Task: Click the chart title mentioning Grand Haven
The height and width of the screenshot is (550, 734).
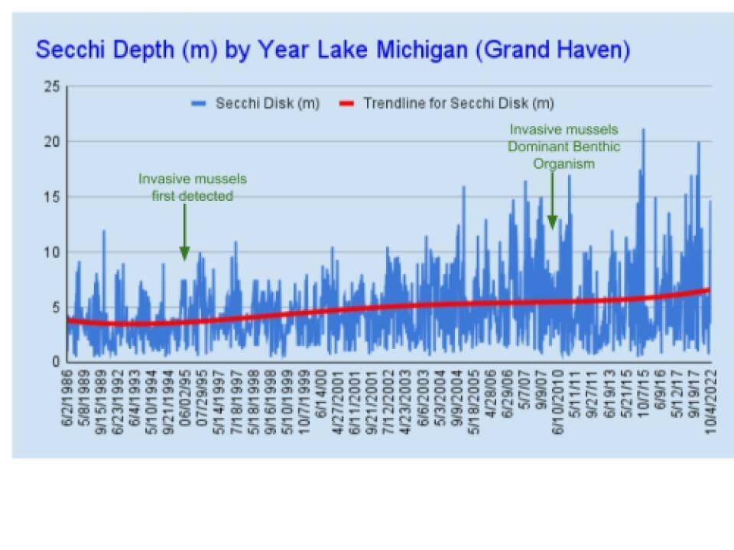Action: click(x=333, y=50)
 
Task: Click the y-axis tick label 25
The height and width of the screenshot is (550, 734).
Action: click(x=51, y=87)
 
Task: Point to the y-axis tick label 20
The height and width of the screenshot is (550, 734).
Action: click(x=51, y=142)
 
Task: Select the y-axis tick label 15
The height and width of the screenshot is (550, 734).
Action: click(x=51, y=197)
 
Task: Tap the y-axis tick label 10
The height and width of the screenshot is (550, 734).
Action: click(x=51, y=252)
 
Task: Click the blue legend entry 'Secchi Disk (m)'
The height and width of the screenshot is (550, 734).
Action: click(x=256, y=103)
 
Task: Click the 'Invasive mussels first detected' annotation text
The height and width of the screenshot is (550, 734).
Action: click(x=192, y=187)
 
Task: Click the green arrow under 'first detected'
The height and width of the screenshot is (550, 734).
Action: click(x=184, y=233)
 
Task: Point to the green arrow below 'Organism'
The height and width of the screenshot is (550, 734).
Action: click(x=552, y=200)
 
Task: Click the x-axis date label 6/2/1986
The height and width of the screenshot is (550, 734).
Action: click(x=70, y=399)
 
